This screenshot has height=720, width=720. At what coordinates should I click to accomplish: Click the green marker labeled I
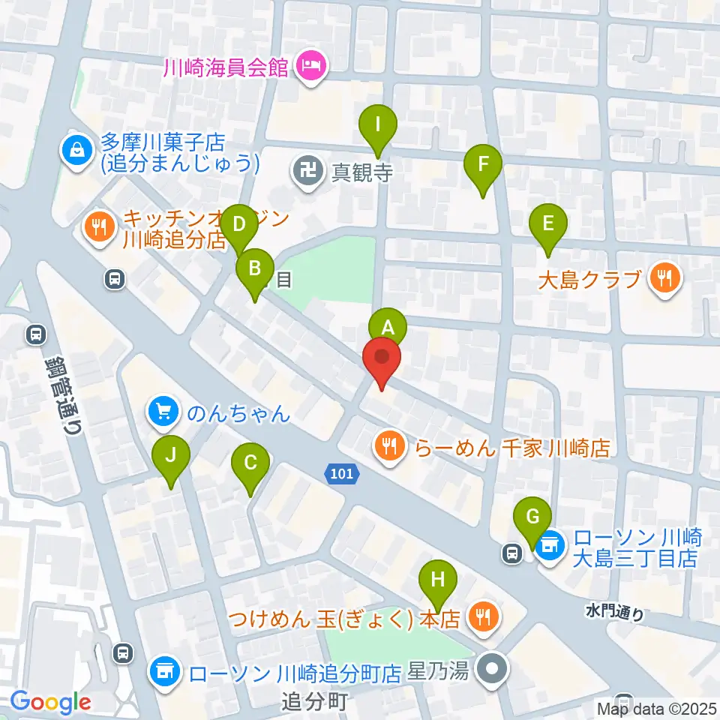click(x=379, y=124)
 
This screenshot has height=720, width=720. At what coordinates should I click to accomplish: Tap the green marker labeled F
click(x=483, y=164)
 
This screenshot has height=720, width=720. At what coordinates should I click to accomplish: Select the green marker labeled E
click(x=548, y=224)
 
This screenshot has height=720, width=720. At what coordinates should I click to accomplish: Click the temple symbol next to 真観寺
click(x=307, y=172)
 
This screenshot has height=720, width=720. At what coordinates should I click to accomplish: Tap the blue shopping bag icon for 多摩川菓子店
click(x=76, y=150)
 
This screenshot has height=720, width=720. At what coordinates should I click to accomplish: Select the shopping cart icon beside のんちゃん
click(x=165, y=412)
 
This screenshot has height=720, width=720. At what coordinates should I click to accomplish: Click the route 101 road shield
click(x=342, y=473)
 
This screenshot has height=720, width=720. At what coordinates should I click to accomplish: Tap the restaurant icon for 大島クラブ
click(x=664, y=279)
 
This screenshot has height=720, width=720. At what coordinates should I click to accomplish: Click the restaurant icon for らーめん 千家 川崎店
click(x=388, y=448)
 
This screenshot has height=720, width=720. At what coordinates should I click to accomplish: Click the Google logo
click(x=50, y=702)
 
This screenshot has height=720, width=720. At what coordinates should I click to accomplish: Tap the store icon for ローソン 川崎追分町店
click(x=164, y=669)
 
